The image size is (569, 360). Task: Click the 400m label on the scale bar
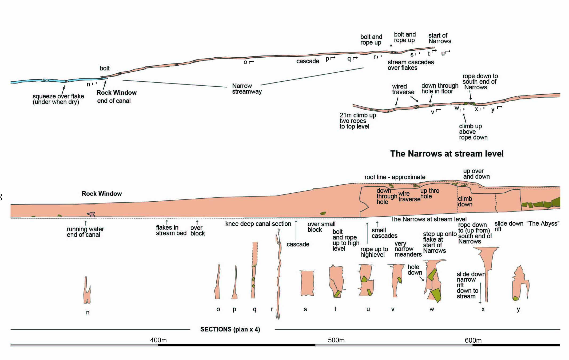point(158,340)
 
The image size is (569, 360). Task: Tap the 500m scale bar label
point(336,340)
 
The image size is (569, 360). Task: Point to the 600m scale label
point(473,340)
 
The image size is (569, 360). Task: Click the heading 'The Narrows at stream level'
point(447,154)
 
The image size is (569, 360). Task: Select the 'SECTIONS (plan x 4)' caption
point(230,329)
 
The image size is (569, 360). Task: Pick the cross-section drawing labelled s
point(307,283)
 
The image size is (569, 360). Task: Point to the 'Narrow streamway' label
point(247,89)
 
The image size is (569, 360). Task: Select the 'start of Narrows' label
point(440,38)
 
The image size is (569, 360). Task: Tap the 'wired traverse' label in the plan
point(403,89)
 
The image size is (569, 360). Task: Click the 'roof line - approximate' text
point(395,177)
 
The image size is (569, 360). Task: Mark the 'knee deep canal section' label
point(258,224)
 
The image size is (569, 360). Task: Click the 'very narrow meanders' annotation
point(408,249)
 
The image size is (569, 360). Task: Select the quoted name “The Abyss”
point(543,223)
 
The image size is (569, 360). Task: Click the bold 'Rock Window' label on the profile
point(102,194)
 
